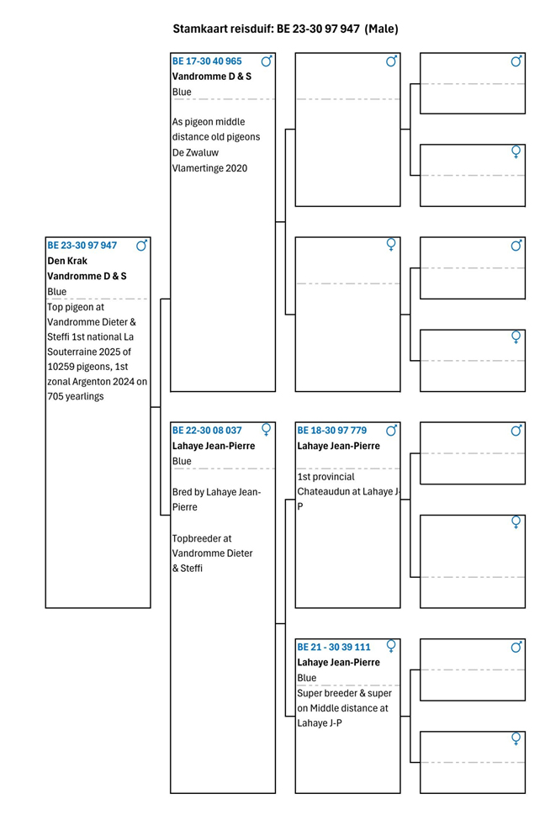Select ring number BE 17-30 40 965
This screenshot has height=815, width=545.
tap(207, 61)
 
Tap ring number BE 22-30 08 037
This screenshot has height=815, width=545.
tap(207, 431)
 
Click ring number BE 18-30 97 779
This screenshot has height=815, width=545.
tap(331, 431)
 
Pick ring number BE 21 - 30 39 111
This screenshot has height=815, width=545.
tap(334, 648)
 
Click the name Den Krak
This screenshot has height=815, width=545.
tap(67, 261)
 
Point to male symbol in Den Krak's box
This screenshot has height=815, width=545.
tap(141, 246)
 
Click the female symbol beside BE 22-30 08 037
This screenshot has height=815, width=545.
tap(266, 431)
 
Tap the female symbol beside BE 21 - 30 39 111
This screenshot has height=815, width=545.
tap(391, 647)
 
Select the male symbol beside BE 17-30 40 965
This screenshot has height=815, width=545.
tap(267, 61)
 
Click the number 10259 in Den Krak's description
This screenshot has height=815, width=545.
tap(63, 366)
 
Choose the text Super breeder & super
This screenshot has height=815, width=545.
tap(344, 693)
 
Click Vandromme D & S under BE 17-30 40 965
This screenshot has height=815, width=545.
tap(211, 77)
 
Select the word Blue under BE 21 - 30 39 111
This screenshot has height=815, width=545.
tap(307, 678)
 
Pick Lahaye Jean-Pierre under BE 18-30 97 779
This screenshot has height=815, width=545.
tap(338, 446)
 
